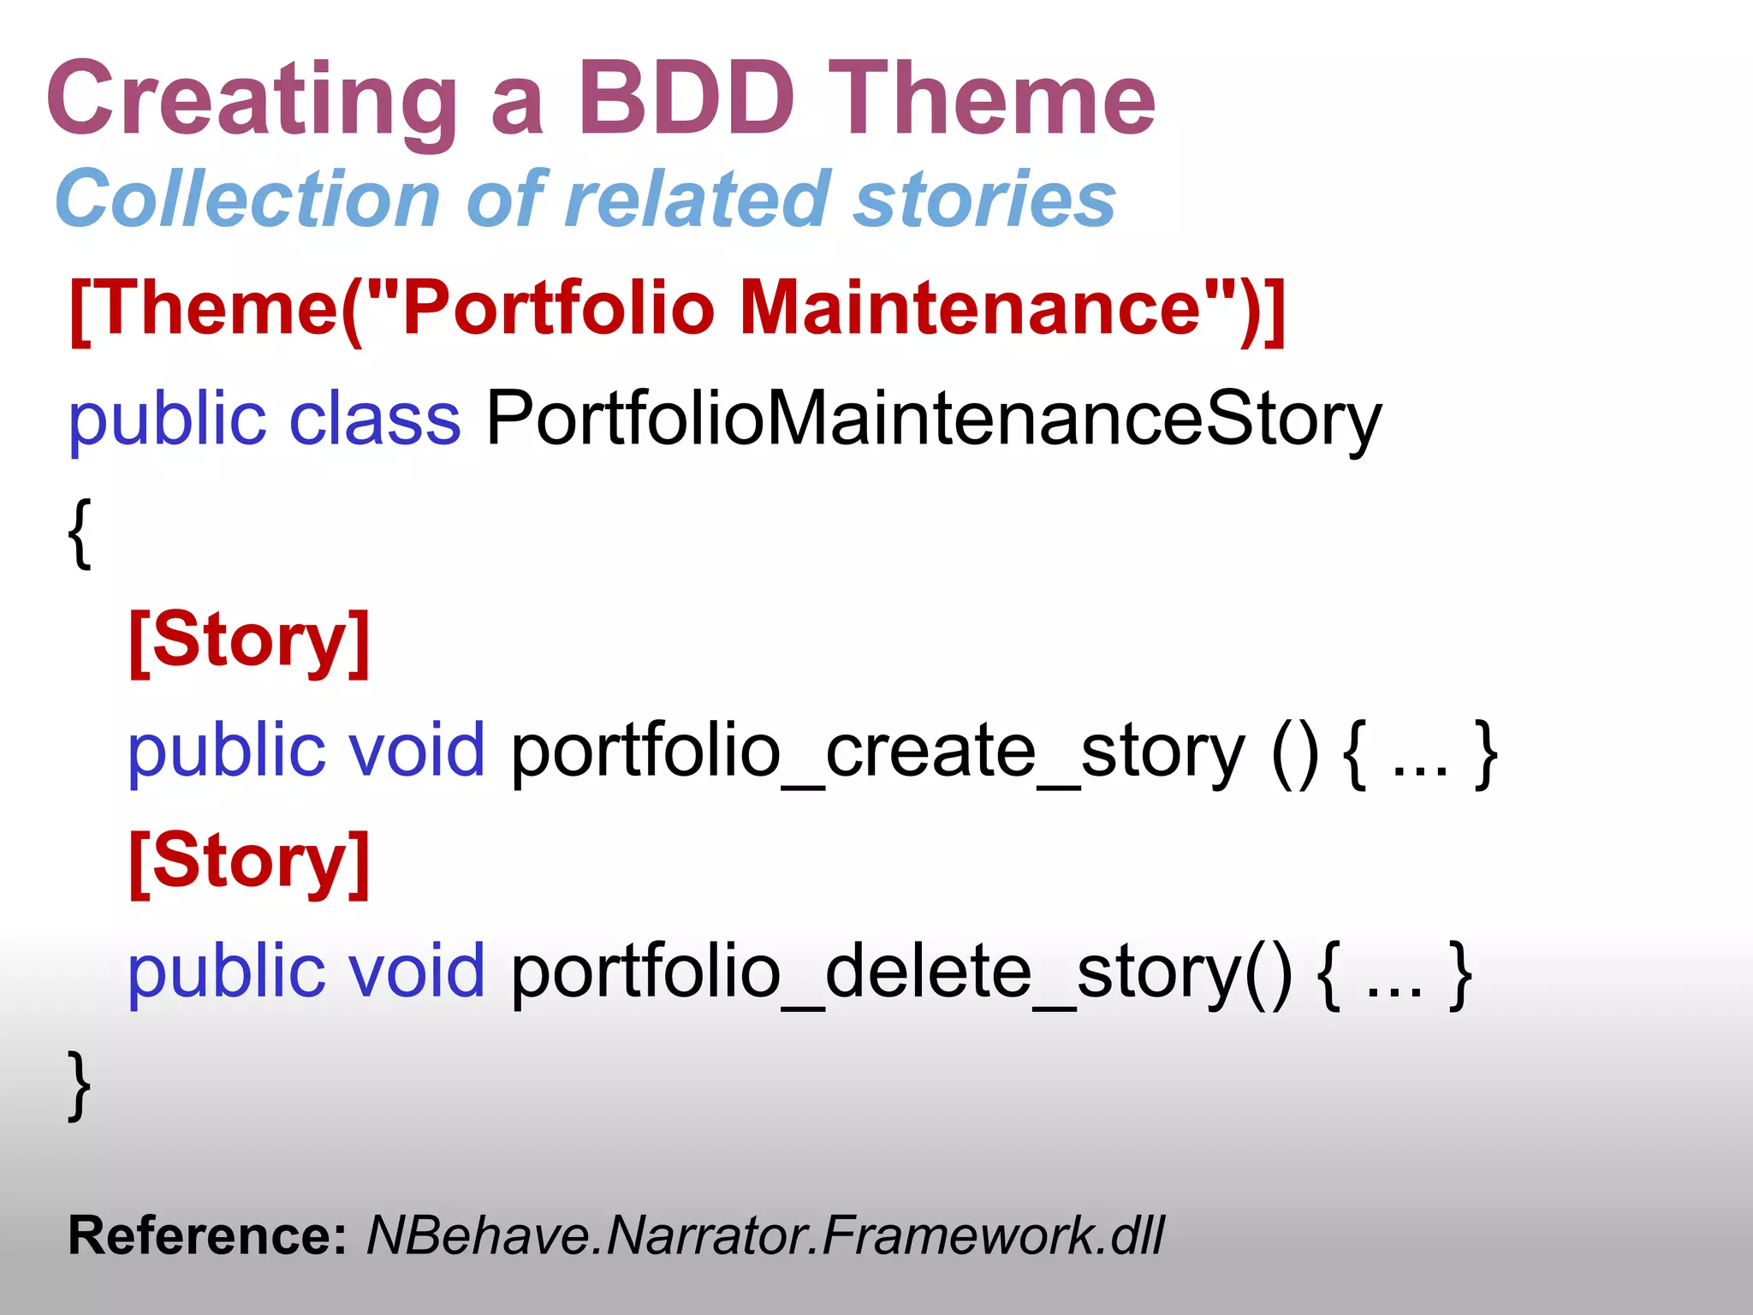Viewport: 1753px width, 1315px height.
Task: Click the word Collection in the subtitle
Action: [247, 199]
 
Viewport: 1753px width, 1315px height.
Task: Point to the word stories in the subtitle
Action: [984, 199]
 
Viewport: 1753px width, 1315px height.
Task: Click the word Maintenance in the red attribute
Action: [972, 308]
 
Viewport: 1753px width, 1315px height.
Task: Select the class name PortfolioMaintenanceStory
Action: [933, 419]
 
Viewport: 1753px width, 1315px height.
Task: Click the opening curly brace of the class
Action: [80, 533]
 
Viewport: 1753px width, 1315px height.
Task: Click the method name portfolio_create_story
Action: [877, 752]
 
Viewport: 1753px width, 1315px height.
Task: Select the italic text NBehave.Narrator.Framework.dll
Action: [764, 1236]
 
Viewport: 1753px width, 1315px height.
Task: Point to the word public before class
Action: [167, 419]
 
